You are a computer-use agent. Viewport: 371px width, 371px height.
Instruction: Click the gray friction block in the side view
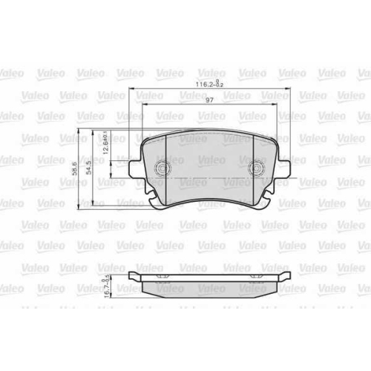pyautogui.click(x=209, y=288)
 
